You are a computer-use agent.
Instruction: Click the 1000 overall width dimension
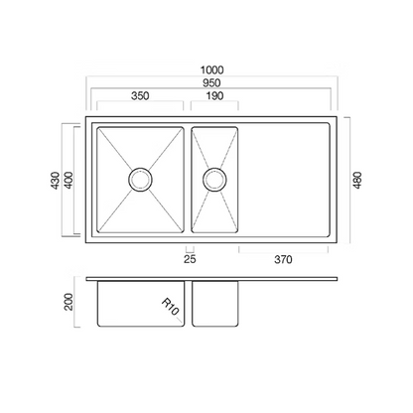coord(211,70)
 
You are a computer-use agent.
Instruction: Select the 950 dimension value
coord(211,82)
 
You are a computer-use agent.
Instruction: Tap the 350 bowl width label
coord(140,95)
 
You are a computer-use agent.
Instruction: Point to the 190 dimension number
coord(214,95)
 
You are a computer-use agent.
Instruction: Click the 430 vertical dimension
coord(56,181)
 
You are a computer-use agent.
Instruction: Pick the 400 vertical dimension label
coord(69,181)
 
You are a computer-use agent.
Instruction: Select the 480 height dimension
coord(357,180)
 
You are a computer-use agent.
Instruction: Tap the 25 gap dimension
coord(190,259)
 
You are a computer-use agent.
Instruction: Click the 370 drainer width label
coord(283,259)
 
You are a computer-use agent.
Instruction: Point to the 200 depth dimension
coord(69,302)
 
